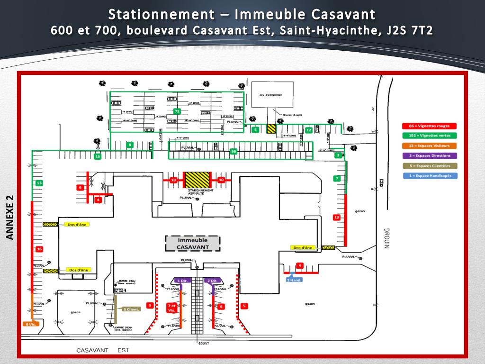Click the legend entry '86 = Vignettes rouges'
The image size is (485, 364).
pyautogui.click(x=430, y=126)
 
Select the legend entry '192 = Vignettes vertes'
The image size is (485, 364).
pyautogui.click(x=430, y=136)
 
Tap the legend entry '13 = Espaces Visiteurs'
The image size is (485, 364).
pyautogui.click(x=430, y=146)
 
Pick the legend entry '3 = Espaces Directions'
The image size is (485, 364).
pyautogui.click(x=430, y=155)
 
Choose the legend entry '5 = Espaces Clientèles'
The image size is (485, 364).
pyautogui.click(x=430, y=165)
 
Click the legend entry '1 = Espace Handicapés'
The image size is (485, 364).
pyautogui.click(x=430, y=175)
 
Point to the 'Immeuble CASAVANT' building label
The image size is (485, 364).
pyautogui.click(x=192, y=244)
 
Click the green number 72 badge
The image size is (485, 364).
pyautogui.click(x=177, y=111)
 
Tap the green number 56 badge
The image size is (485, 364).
pyautogui.click(x=233, y=151)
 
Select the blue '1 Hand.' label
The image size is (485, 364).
pyautogui.click(x=294, y=280)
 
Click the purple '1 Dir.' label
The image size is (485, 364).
pyautogui.click(x=182, y=281)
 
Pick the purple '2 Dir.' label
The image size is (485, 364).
pyautogui.click(x=212, y=281)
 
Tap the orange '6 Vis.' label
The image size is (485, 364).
pyautogui.click(x=30, y=324)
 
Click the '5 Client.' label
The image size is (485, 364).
pyautogui.click(x=131, y=309)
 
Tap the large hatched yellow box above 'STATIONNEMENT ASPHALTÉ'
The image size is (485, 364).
pyautogui.click(x=197, y=180)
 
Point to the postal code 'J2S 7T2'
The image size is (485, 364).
pyautogui.click(x=410, y=30)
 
